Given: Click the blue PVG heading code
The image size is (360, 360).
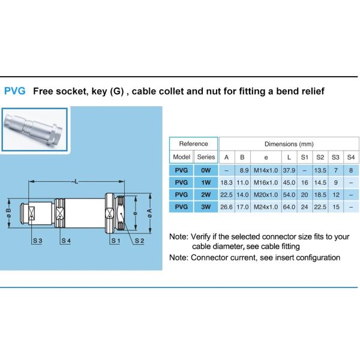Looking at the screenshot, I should (14, 92).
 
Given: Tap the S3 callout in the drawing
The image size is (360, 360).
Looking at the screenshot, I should (37, 241).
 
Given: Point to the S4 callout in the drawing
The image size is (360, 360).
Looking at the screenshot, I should (66, 241).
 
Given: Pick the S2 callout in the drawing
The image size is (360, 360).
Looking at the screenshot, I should (139, 241).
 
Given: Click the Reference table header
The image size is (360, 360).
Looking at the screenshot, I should (194, 144).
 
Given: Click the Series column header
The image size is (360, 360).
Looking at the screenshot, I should (206, 157).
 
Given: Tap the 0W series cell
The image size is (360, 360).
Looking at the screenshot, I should (206, 170).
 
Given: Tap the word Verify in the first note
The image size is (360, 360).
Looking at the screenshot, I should (202, 236).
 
